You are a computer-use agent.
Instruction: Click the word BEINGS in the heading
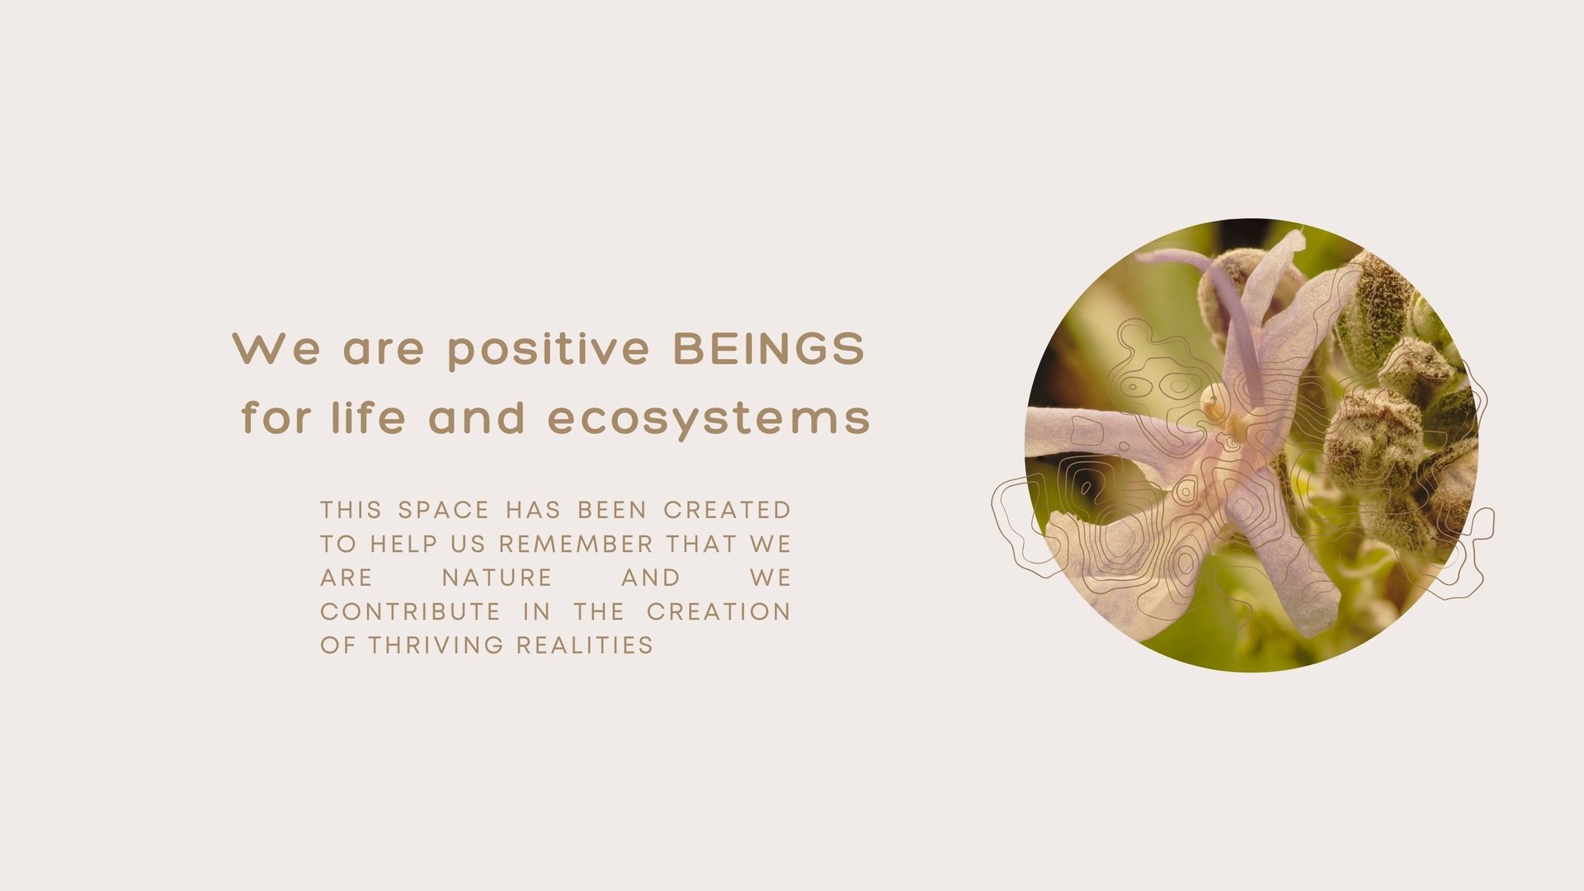[769, 348]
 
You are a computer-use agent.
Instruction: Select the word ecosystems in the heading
[709, 419]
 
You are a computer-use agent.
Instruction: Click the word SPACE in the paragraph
[444, 510]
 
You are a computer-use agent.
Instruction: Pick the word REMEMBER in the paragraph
[576, 544]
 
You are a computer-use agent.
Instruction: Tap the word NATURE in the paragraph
[497, 577]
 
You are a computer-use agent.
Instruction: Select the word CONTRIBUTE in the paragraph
[410, 611]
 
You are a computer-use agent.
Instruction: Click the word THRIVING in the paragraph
[436, 645]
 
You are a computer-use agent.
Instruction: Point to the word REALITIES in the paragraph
[585, 645]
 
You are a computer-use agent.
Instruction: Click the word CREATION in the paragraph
[719, 611]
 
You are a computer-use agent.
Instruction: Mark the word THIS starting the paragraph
[351, 510]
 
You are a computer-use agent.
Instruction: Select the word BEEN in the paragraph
[612, 510]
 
